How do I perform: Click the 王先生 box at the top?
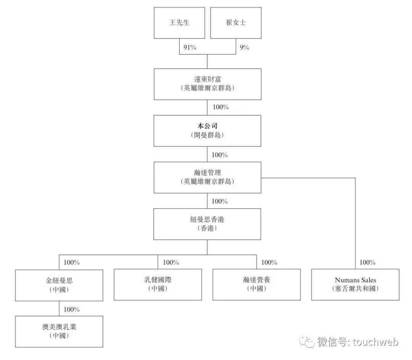click(179, 23)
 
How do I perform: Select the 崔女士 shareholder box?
click(236, 23)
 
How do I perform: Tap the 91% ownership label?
click(190, 48)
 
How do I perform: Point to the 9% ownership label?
click(244, 48)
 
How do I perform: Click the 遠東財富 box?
click(208, 84)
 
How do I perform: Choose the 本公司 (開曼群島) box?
click(208, 130)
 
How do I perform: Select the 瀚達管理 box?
click(208, 177)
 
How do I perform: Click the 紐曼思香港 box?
click(208, 224)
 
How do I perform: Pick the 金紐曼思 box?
click(59, 285)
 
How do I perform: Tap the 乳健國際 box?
click(158, 285)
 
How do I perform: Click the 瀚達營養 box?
click(256, 285)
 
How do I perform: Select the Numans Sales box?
click(355, 285)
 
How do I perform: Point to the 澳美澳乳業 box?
click(59, 331)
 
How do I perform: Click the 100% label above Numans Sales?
click(367, 262)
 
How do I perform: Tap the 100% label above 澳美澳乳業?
click(71, 309)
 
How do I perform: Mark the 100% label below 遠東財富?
click(220, 107)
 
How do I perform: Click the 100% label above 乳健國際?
click(171, 262)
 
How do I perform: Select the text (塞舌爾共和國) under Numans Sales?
click(355, 289)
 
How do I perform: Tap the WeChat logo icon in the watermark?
click(307, 342)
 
